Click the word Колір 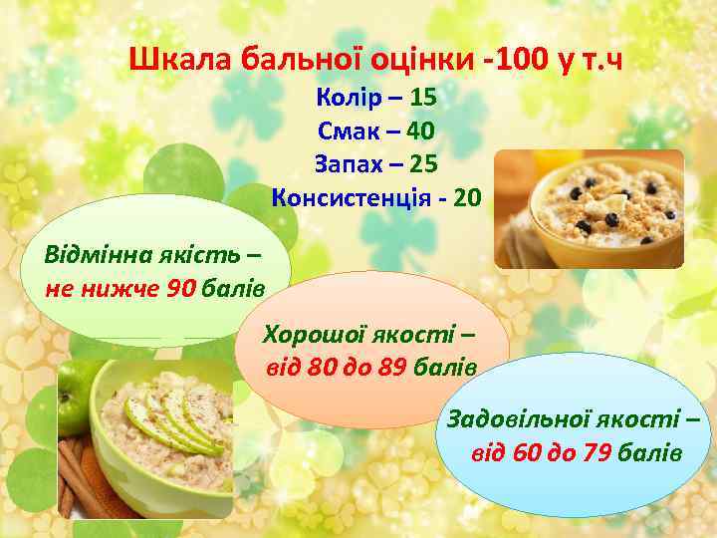[x=348, y=99]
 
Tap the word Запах [x=348, y=163]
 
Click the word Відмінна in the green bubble [x=96, y=249]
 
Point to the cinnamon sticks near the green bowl [x=76, y=472]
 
